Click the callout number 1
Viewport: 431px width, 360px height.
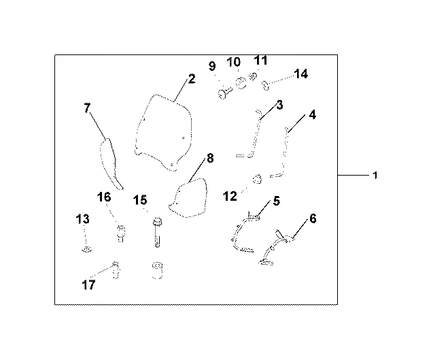(375, 176)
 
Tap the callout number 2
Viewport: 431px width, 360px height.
(192, 79)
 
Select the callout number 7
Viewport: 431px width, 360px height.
(86, 108)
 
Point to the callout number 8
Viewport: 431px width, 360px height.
(210, 159)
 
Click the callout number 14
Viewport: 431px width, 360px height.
(301, 74)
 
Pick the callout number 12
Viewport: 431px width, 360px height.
(230, 196)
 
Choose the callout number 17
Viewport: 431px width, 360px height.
(89, 284)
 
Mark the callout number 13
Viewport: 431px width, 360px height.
(82, 219)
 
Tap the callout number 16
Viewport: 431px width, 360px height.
(103, 197)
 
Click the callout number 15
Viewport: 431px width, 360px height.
(140, 200)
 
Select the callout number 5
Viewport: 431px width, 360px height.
(277, 201)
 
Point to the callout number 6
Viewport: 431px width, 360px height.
(313, 218)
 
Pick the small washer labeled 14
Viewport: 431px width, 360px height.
(264, 86)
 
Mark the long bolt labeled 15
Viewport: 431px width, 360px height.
(157, 233)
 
